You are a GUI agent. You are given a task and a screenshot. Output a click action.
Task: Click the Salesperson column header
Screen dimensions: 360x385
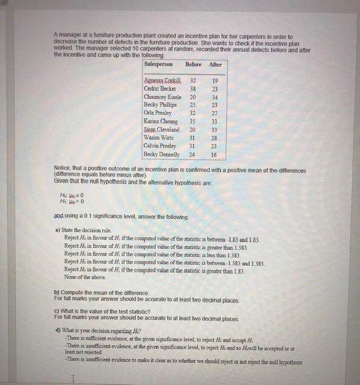[159, 64]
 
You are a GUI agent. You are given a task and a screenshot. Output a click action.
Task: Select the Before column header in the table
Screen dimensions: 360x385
[193, 64]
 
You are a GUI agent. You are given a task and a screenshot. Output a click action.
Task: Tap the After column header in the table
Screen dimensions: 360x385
[215, 64]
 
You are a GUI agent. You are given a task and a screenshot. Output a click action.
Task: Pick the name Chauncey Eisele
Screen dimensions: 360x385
[163, 96]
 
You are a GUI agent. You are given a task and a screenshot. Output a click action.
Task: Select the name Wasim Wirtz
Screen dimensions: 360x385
[159, 138]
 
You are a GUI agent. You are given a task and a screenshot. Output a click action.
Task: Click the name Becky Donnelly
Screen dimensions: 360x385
[163, 155]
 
